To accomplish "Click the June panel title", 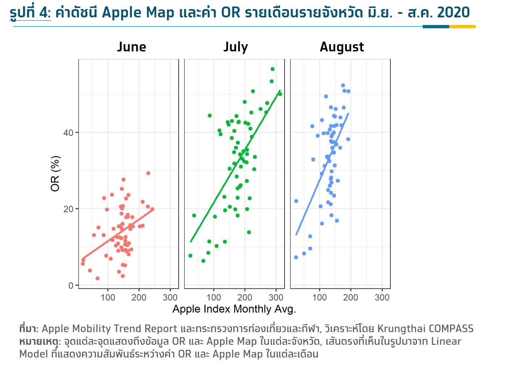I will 131,47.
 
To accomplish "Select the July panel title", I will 235,47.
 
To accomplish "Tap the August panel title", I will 342,47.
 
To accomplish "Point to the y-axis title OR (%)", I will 55,173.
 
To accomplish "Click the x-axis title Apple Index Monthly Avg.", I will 234,309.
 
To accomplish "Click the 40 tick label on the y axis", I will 68,133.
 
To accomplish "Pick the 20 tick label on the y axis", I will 68,209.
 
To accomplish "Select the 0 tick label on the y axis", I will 71,285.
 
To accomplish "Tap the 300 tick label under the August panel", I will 382,297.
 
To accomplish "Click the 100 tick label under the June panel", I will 108,297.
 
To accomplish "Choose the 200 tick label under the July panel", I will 245,297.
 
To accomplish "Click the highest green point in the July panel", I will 273,69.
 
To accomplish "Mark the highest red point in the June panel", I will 148,173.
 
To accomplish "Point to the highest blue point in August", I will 343,85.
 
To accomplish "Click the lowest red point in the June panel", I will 97,278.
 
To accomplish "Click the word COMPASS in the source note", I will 451,328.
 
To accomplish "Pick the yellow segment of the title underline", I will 462,26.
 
